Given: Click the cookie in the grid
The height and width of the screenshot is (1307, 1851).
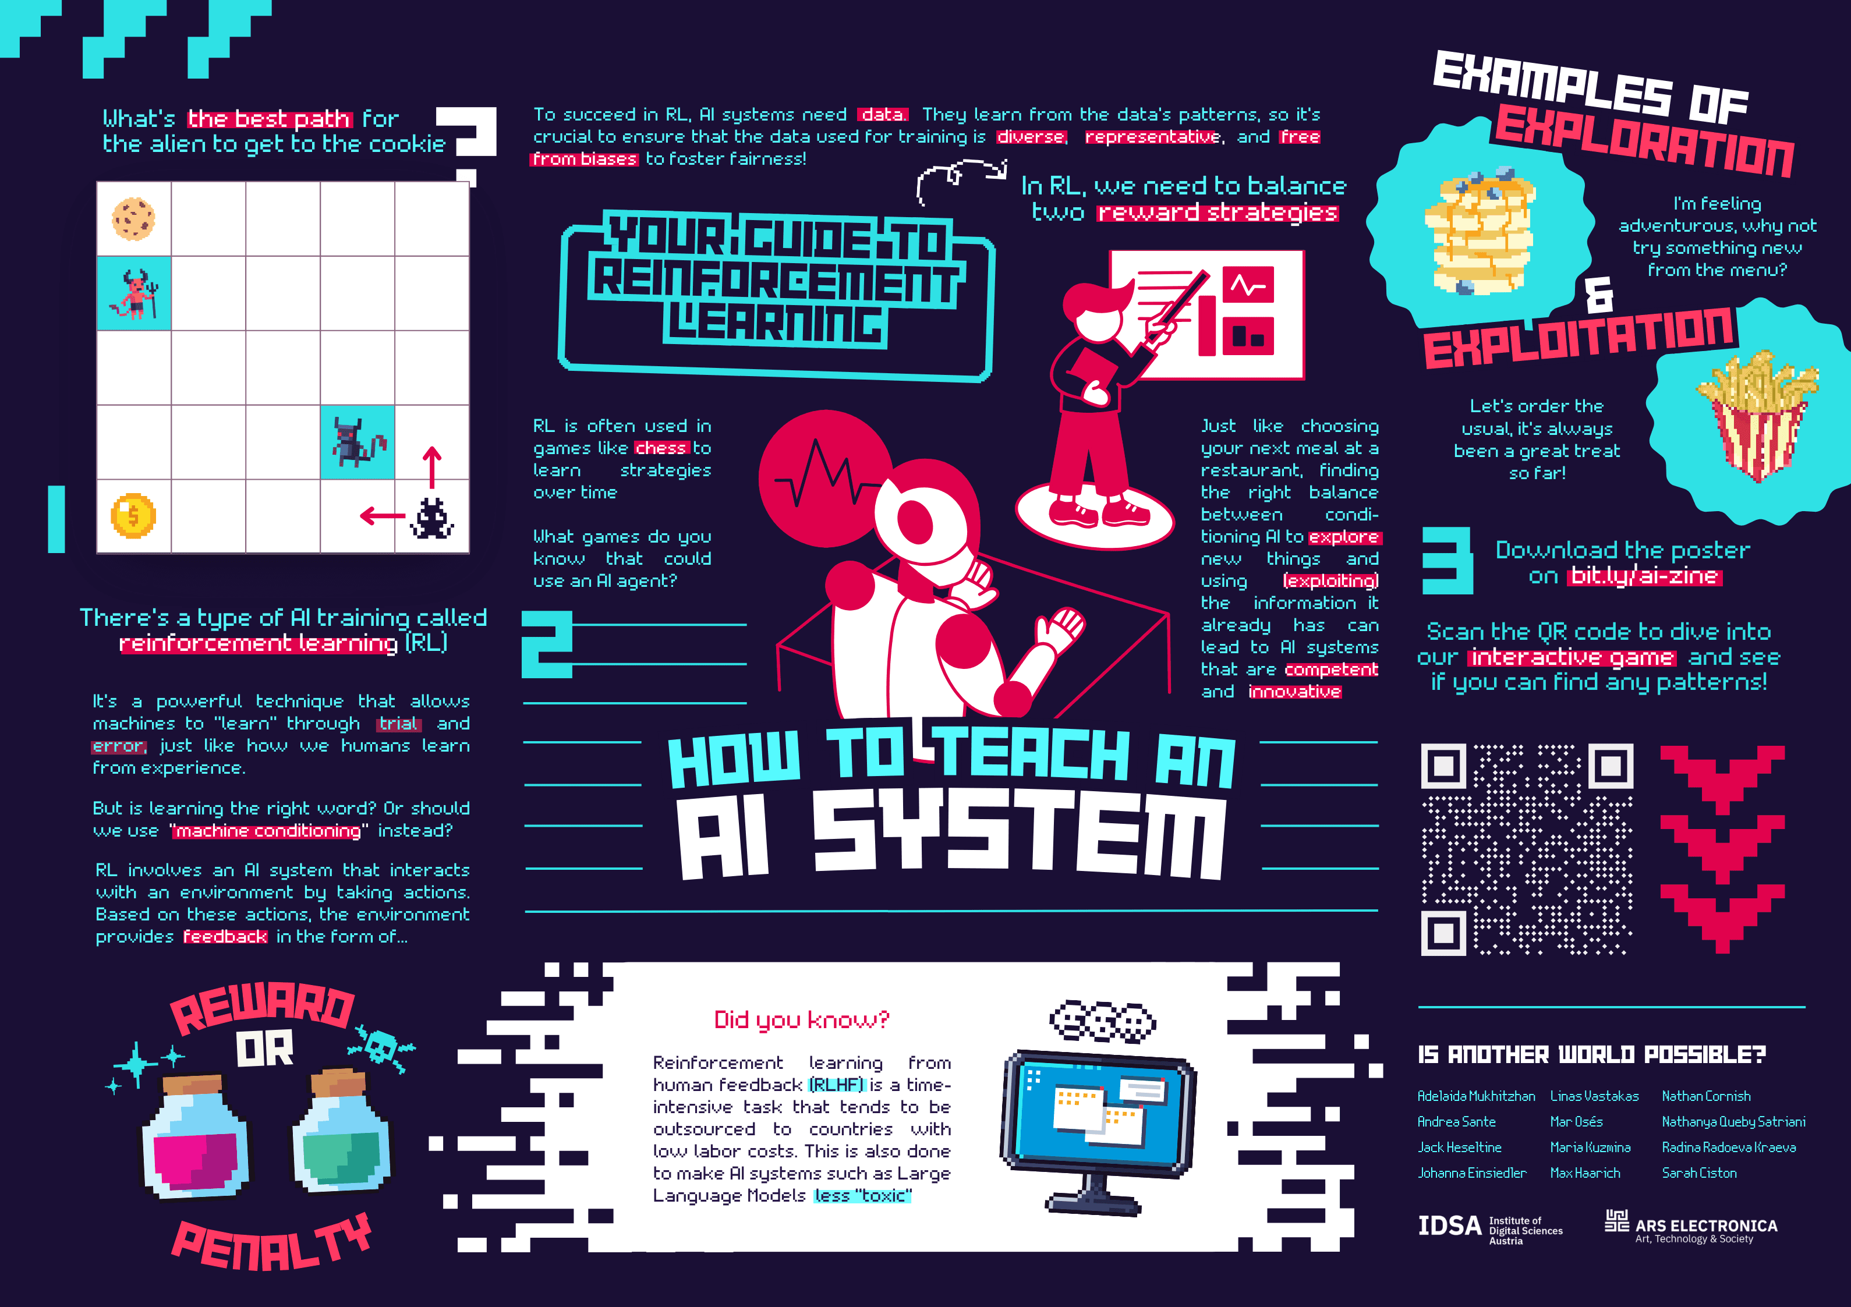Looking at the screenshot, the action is pos(133,218).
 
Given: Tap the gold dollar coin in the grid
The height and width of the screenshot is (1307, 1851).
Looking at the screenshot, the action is pos(133,515).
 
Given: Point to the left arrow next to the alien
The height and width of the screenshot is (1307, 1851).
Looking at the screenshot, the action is pos(382,515).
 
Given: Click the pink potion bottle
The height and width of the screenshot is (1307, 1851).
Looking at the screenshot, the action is pos(196,1137).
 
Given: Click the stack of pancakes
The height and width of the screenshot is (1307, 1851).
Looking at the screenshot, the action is pos(1480,234).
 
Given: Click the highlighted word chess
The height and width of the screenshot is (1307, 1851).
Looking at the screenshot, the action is pos(660,448).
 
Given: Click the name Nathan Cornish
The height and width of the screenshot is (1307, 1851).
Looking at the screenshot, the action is pos(1706,1096).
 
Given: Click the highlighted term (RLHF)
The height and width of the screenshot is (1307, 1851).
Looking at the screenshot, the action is pos(836,1085).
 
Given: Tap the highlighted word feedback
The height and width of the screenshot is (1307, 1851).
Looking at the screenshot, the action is pos(225,937).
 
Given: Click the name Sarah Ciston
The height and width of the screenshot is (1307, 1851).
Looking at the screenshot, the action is pos(1698,1173).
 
